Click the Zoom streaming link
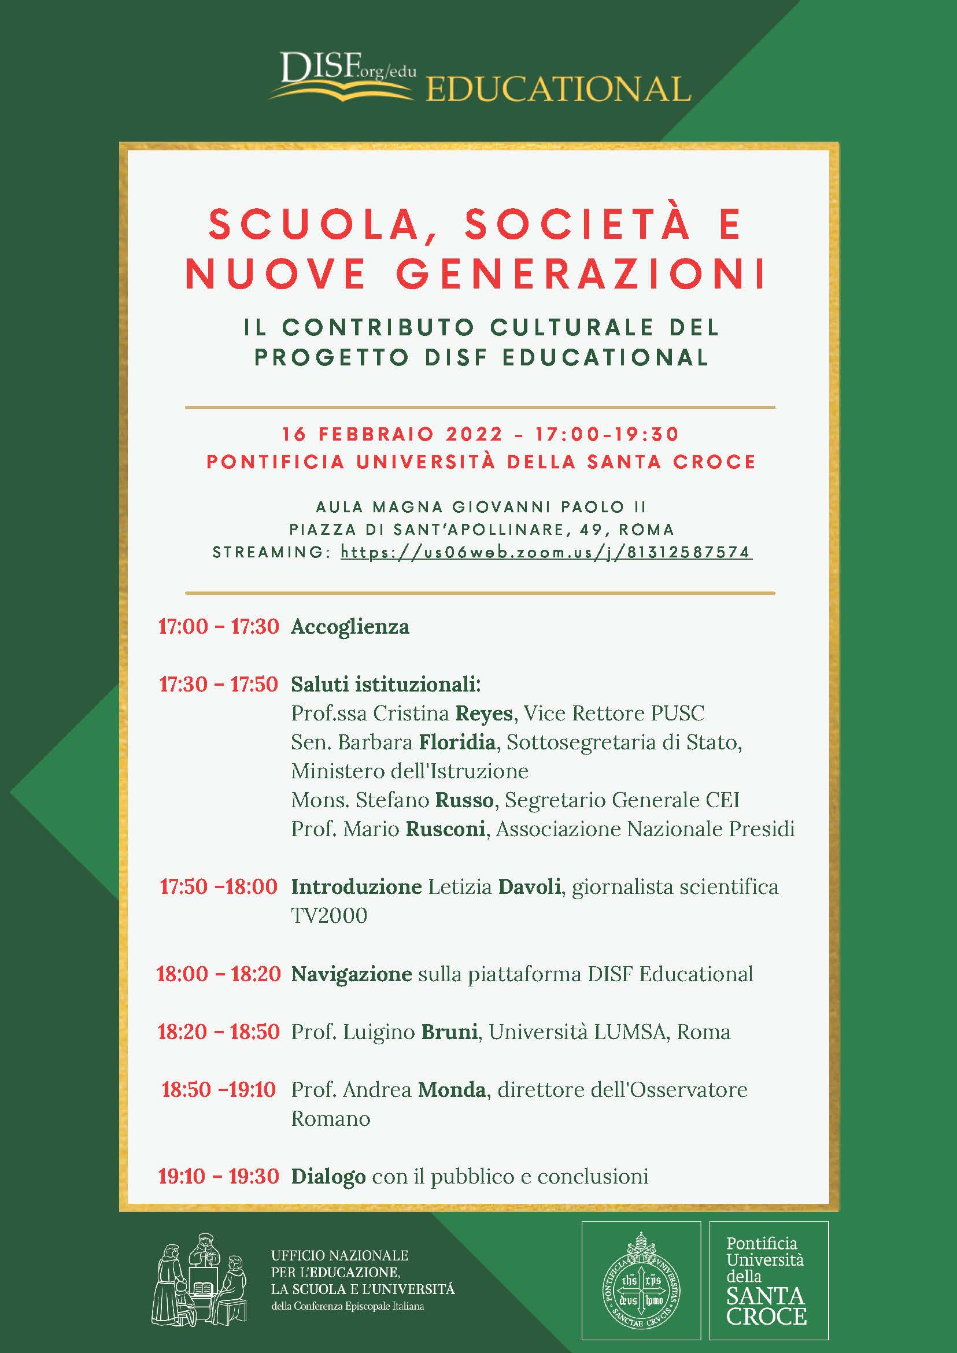(x=546, y=552)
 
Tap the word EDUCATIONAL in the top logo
(x=557, y=90)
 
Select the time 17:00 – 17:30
(x=218, y=626)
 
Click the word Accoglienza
(x=350, y=626)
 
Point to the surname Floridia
(x=457, y=742)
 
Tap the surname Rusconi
(x=445, y=829)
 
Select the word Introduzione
(x=356, y=886)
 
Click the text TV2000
(x=329, y=915)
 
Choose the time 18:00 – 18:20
(x=218, y=974)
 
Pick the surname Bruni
(x=449, y=1032)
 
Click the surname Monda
(x=452, y=1089)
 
